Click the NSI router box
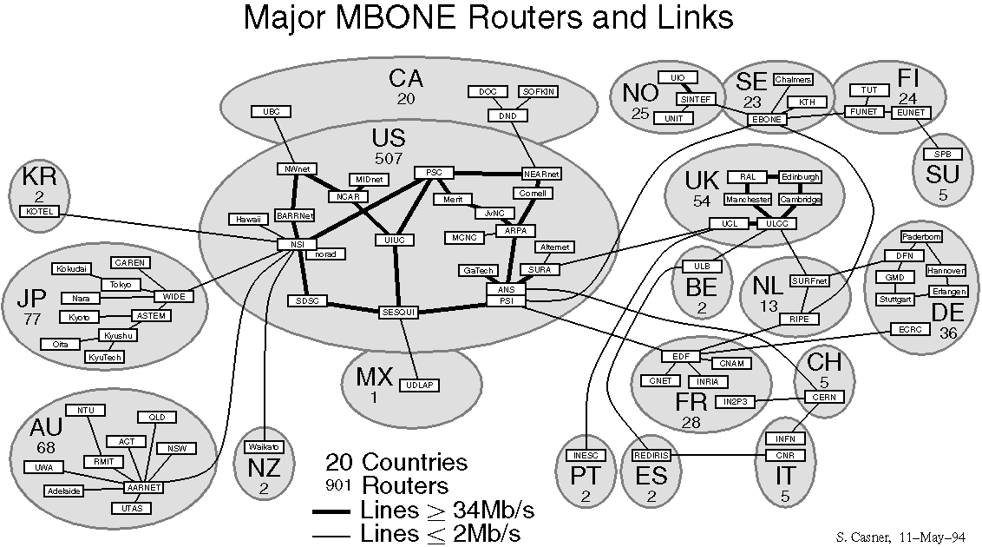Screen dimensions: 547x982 (x=298, y=244)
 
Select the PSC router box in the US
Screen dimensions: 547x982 (x=434, y=173)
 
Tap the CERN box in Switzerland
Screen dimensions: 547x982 (x=817, y=397)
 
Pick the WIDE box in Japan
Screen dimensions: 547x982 (x=174, y=297)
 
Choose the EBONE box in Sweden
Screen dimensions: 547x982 (x=766, y=119)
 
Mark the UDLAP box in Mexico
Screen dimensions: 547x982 (x=417, y=386)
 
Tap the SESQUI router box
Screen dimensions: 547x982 (x=399, y=312)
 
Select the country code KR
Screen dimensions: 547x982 (x=40, y=178)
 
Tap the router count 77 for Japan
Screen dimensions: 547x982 (x=33, y=320)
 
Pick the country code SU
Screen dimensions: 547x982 (x=943, y=175)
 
